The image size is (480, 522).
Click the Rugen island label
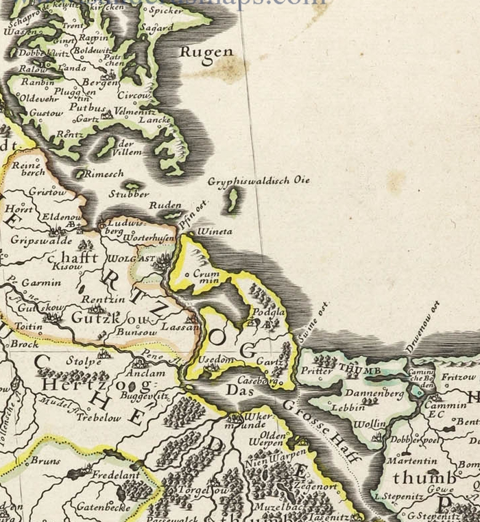coord(206,52)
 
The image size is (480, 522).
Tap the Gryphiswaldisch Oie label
coord(259,181)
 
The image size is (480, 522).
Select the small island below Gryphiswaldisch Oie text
coord(233,200)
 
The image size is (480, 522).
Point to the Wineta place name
coord(215,233)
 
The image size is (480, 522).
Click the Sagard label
coord(156,28)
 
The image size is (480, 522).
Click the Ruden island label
coord(165,205)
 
